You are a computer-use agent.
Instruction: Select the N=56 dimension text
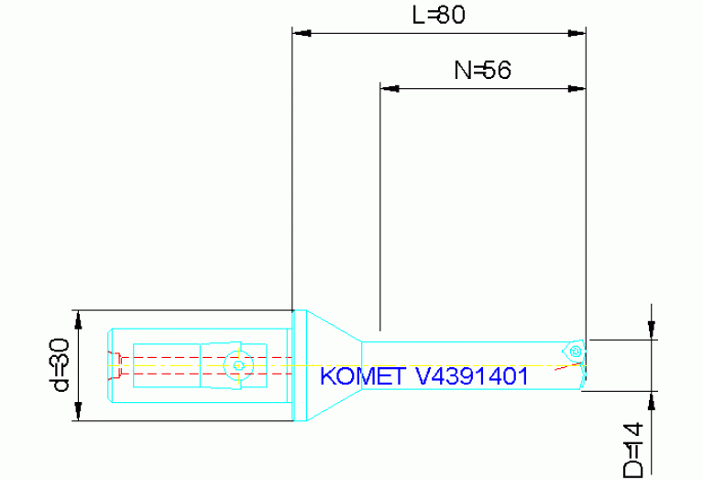pos(481,71)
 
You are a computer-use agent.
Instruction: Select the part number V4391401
pos(471,376)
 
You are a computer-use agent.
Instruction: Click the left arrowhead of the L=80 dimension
pos(302,33)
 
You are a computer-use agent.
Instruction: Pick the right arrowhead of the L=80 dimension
pos(577,33)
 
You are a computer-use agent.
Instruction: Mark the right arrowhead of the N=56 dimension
pos(577,89)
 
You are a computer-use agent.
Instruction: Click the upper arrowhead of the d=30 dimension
pos(81,318)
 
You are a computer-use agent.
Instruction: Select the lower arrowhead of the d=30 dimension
pos(81,413)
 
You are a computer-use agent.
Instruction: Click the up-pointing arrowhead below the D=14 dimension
pos(651,400)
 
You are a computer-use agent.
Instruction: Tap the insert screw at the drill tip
pos(575,350)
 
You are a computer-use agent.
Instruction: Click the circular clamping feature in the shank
pos(238,364)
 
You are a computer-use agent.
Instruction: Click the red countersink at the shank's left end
pos(115,364)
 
